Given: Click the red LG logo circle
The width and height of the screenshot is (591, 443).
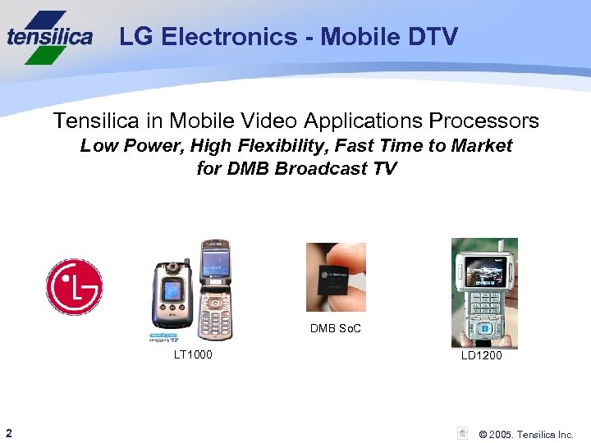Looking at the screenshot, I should [x=74, y=287].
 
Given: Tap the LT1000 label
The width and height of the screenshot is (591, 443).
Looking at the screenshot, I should [x=193, y=354].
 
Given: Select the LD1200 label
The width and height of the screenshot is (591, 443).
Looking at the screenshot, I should [x=482, y=355].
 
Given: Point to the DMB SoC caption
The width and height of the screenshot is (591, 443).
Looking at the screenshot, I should [x=336, y=329].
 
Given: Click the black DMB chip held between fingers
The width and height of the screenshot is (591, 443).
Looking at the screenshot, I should [x=337, y=277].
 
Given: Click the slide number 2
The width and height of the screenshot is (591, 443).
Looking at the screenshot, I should [x=7, y=432].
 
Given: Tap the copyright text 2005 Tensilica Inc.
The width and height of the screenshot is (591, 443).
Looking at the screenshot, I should [x=526, y=434].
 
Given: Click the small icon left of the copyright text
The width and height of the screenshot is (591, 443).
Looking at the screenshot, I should [x=463, y=433].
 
